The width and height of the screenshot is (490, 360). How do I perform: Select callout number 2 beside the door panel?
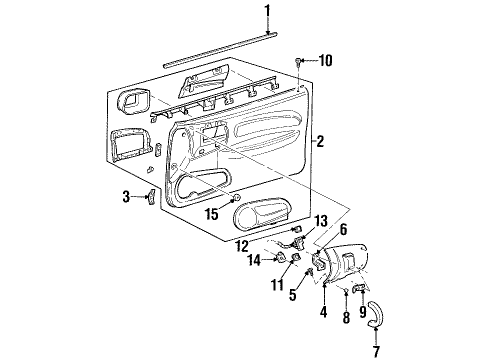(x=320, y=141)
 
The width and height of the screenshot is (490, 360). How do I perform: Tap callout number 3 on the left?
(x=126, y=196)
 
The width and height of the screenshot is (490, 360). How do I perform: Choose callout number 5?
(x=293, y=295)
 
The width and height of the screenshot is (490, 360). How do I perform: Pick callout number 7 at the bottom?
(x=376, y=351)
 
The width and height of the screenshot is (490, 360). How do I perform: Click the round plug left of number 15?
(x=236, y=197)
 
